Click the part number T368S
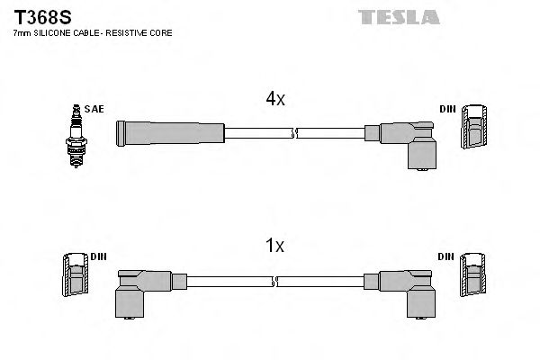pos(34,15)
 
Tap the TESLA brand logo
pos(398,17)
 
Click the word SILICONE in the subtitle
pos(55,33)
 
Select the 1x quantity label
pos(274,246)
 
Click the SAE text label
pos(96,109)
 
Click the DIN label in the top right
pos(447,109)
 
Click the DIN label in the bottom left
pos(98,256)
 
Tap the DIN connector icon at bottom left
pos(74,274)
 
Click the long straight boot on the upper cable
pos(169,132)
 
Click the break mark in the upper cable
pos(293,133)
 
